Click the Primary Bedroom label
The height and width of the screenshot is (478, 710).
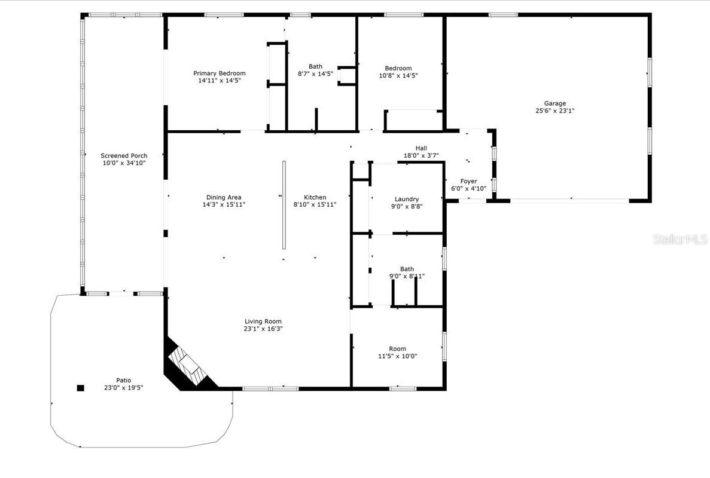[x=219, y=73]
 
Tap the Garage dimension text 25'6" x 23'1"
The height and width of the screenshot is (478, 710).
[x=554, y=111]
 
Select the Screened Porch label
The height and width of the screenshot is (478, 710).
[x=124, y=156]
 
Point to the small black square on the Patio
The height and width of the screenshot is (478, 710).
[x=81, y=387]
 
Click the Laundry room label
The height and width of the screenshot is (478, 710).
[x=407, y=200]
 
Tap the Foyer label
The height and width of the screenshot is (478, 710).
[x=468, y=181]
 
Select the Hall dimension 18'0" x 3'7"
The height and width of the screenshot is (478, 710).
[x=421, y=155]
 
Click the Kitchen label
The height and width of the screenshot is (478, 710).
[x=315, y=197]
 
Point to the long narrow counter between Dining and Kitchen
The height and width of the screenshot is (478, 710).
[x=284, y=205]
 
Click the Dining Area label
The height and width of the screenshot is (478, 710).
[x=224, y=197]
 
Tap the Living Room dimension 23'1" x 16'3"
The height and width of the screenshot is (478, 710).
[x=263, y=329]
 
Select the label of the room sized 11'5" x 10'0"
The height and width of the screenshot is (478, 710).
[x=397, y=349]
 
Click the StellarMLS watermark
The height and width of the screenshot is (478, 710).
[x=679, y=240]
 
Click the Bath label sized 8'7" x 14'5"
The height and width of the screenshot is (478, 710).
[x=315, y=66]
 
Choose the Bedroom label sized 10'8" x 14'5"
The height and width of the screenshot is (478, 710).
[x=398, y=68]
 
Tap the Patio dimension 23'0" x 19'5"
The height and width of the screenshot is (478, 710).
[x=124, y=388]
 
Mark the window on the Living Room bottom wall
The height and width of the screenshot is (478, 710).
[x=270, y=389]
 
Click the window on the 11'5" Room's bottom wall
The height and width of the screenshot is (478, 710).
[x=403, y=389]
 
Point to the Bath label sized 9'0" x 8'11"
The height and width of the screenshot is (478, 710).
[x=407, y=269]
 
